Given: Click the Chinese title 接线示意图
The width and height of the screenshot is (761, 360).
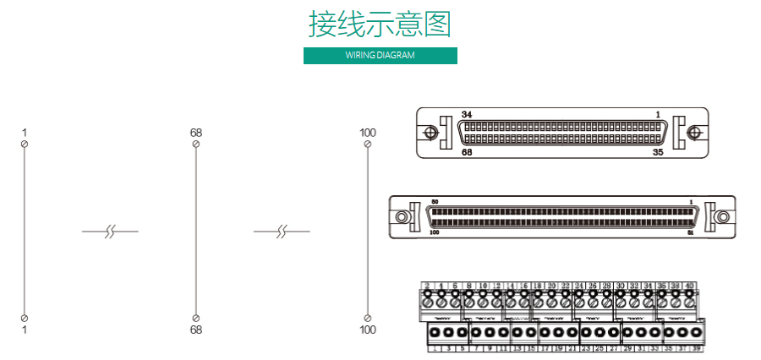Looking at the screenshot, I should (x=380, y=25).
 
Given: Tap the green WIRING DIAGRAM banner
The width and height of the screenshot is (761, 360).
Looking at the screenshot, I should (x=380, y=56).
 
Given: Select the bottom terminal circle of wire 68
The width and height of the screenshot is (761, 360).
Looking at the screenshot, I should (x=196, y=317).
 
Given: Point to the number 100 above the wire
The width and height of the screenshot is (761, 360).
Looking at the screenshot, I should (x=368, y=133).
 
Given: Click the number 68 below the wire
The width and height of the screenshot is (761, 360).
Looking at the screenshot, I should (x=196, y=330).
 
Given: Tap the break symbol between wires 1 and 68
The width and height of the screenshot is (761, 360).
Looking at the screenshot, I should (x=110, y=230).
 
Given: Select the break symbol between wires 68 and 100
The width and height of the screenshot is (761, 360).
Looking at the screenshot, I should (x=282, y=230).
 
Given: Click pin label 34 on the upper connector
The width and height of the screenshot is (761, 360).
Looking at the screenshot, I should (x=467, y=114).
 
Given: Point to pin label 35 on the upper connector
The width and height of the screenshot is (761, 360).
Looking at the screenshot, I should (x=658, y=153).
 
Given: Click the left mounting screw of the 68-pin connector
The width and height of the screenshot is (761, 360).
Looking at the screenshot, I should (x=430, y=133).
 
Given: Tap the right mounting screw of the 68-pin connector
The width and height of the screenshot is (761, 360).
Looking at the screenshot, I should (x=696, y=133).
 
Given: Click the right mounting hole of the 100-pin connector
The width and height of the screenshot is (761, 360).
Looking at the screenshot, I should (x=723, y=216).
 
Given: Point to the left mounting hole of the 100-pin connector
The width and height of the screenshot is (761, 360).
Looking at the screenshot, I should (x=402, y=216).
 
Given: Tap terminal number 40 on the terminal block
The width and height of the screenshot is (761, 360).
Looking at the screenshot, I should (x=689, y=286).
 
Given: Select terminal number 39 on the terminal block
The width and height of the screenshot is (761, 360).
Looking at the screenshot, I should (x=697, y=348).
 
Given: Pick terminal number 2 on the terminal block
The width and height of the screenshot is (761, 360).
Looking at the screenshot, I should (x=427, y=286).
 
